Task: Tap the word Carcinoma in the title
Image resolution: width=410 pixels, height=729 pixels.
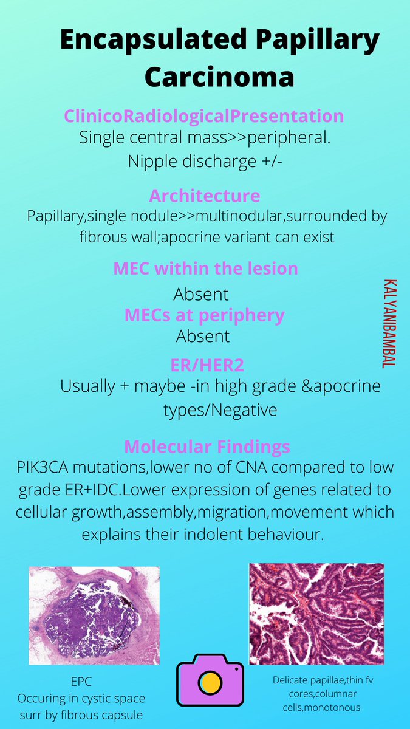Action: coord(219,77)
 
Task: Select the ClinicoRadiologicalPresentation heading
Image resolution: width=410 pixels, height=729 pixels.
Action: coord(204,115)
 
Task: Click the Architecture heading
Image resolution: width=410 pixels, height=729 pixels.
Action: coord(204,196)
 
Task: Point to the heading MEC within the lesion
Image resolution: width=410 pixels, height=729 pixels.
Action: coord(205,268)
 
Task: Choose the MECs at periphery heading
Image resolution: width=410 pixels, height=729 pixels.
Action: coord(204,315)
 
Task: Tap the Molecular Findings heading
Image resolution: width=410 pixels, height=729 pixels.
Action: coord(207,447)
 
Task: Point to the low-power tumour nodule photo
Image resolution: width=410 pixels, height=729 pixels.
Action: coord(94,615)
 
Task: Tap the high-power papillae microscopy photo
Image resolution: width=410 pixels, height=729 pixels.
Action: coord(316,614)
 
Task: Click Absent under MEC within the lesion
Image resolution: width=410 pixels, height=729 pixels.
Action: coord(201,294)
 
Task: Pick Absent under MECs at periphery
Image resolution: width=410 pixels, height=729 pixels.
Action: coord(203,336)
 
